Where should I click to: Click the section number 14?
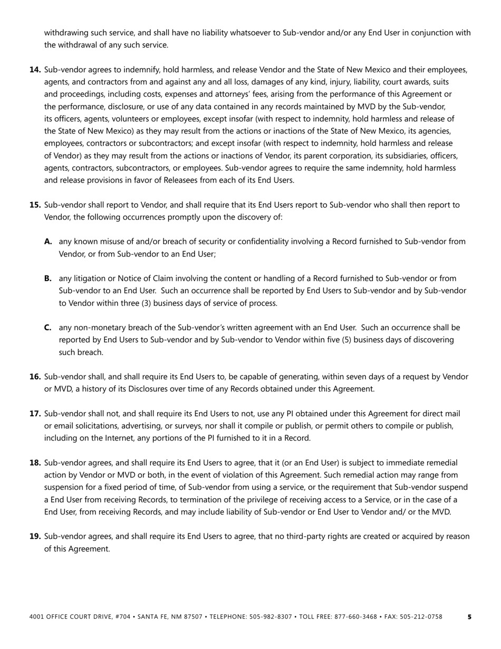[x=35, y=70]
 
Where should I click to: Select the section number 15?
[x=35, y=205]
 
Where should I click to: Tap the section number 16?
[x=35, y=377]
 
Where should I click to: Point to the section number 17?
[x=35, y=414]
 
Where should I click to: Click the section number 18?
[x=35, y=463]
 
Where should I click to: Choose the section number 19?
[x=35, y=537]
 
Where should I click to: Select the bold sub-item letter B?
[x=48, y=279]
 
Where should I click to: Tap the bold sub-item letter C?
[x=48, y=328]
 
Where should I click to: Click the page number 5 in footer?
[x=470, y=617]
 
